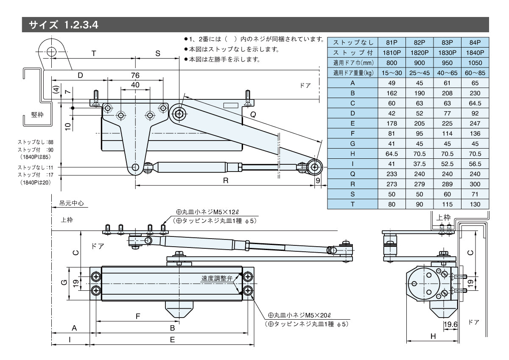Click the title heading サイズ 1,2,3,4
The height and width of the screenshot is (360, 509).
64,25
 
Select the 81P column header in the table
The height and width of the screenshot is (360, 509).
392,42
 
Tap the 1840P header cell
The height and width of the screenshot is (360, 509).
475,53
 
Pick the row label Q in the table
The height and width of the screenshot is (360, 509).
352,174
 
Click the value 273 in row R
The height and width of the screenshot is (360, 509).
392,184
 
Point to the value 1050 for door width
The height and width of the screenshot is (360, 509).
475,63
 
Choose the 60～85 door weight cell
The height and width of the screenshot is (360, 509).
475,73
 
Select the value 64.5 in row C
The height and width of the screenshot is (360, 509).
475,103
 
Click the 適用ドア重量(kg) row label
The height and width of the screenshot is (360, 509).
352,73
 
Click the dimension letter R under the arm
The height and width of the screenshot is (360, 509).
226,180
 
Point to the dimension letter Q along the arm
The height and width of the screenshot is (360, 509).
254,115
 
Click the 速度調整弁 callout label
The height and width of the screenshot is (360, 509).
217,278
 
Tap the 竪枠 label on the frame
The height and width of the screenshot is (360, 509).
37,115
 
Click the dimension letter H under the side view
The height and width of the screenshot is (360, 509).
433,336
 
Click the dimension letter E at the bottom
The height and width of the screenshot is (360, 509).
172,339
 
